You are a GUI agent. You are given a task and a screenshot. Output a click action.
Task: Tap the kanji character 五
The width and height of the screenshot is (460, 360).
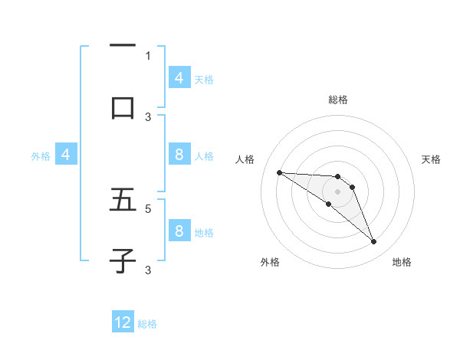123,201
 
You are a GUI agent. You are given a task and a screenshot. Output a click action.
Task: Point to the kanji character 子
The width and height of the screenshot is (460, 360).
123,260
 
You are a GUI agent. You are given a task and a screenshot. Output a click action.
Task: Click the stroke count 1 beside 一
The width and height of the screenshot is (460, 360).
148,55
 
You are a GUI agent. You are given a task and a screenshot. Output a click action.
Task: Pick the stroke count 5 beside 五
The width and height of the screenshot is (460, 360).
148,208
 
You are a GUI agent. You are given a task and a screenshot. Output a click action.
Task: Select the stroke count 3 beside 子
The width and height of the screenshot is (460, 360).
148,270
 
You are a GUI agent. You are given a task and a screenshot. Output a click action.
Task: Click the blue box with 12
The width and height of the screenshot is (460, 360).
123,323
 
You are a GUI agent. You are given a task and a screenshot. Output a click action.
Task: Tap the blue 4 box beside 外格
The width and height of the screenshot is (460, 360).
65,155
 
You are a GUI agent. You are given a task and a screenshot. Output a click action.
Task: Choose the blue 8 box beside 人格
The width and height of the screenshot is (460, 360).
179,155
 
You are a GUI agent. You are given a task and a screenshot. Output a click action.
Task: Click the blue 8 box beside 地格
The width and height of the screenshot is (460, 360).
179,231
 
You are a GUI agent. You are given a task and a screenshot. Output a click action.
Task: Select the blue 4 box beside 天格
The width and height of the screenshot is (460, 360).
179,78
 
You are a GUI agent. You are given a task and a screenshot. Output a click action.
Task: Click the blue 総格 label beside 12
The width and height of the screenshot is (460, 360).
148,324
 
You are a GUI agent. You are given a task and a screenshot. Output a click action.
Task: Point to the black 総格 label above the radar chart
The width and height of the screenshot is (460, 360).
337,100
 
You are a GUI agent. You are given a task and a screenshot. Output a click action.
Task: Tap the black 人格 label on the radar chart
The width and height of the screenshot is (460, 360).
245,159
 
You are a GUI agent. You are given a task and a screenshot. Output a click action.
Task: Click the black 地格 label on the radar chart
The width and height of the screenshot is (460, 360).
402,262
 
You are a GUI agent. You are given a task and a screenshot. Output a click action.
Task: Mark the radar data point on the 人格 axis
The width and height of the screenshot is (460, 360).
279,172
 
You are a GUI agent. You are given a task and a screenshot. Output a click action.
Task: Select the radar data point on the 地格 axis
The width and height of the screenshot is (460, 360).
374,242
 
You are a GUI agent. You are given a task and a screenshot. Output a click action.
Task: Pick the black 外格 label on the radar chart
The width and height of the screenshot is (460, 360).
270,262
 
